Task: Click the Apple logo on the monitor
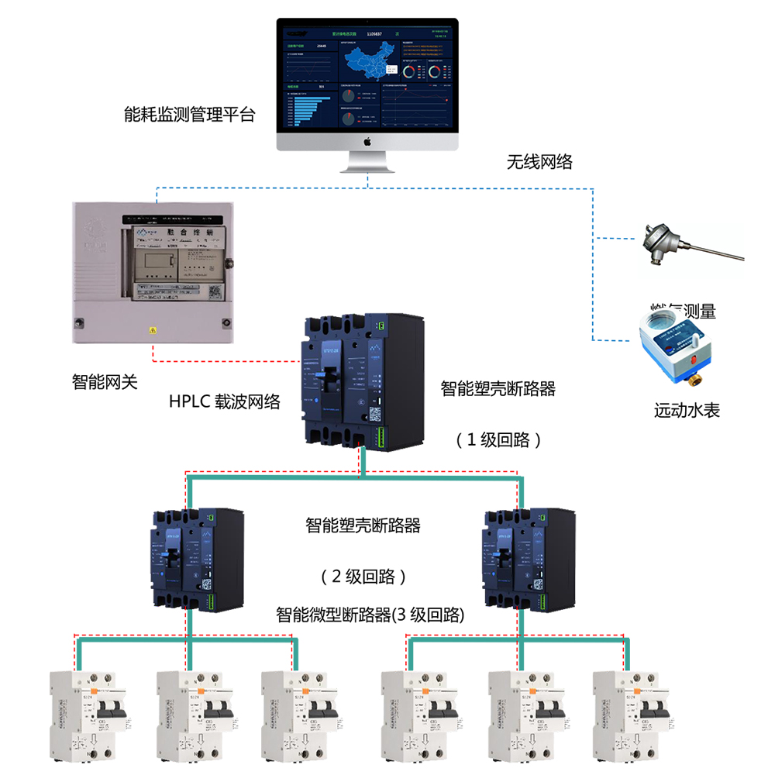[367, 142]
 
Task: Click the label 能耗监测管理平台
[189, 115]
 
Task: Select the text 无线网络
[539, 162]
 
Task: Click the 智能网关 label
[105, 381]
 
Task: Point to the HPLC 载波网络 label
[225, 402]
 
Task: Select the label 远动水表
[687, 410]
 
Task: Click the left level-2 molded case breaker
[198, 560]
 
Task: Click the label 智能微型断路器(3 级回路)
[370, 615]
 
